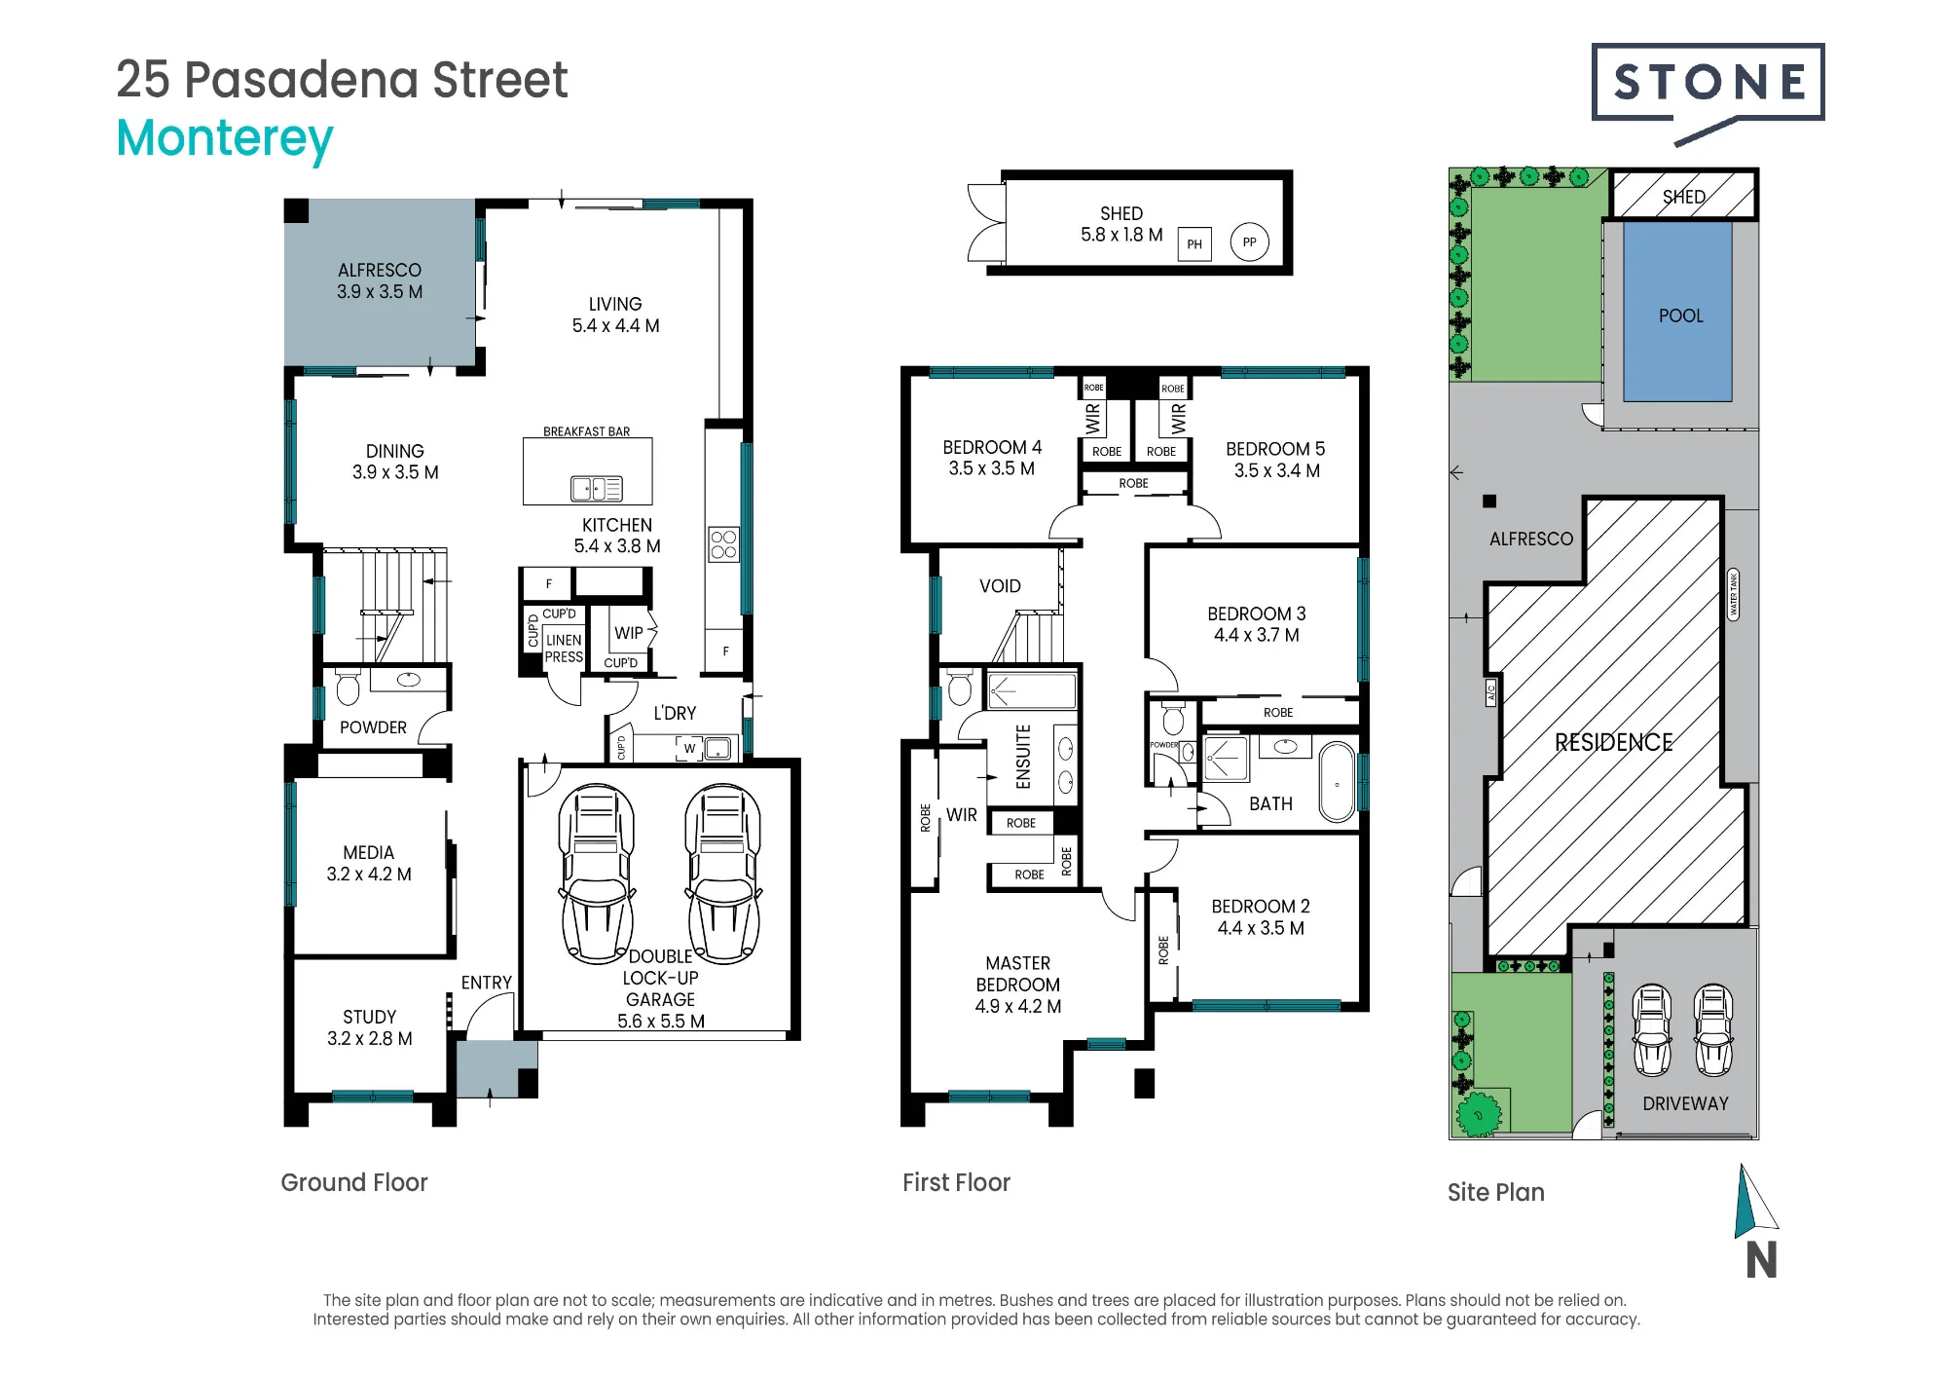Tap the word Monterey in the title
click(x=225, y=139)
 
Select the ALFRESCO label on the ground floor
click(x=380, y=271)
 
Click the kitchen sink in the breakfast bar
click(x=596, y=488)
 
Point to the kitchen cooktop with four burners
click(x=723, y=544)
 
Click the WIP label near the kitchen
click(x=629, y=633)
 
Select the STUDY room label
click(x=370, y=1017)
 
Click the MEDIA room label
click(x=369, y=853)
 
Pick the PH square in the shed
click(x=1194, y=243)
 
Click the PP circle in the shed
click(x=1250, y=242)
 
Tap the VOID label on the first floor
click(x=1001, y=586)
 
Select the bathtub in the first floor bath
click(x=1338, y=783)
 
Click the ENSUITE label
click(x=1023, y=757)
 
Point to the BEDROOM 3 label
click(x=1257, y=614)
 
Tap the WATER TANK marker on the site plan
click(x=1733, y=594)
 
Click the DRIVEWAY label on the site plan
click(x=1686, y=1103)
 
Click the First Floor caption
click(x=956, y=1182)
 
